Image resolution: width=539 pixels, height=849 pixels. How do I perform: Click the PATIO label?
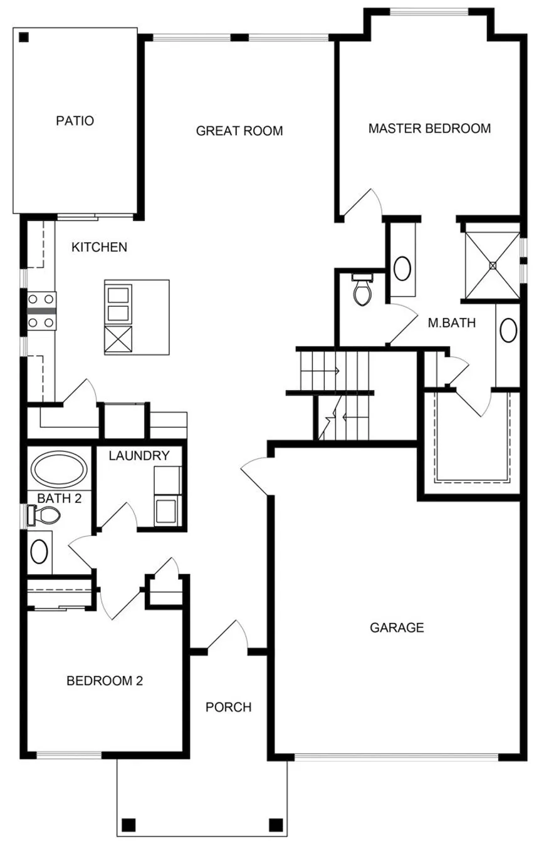(x=75, y=121)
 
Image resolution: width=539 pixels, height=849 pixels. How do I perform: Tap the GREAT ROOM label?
(x=239, y=131)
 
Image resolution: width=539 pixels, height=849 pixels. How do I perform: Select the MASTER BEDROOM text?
(x=429, y=128)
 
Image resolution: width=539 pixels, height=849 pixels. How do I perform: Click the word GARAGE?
(x=397, y=627)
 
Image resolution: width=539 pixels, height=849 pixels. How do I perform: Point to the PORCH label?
(x=228, y=707)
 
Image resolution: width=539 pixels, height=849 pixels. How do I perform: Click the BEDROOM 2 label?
(x=105, y=681)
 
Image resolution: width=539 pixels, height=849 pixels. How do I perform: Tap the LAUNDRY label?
(x=139, y=456)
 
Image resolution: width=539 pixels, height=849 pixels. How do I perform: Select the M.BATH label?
(x=452, y=323)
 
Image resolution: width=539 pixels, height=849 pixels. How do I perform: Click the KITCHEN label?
(x=100, y=247)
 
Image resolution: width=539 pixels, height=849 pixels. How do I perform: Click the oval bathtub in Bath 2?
(x=59, y=469)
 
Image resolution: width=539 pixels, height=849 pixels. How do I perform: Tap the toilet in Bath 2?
(x=44, y=515)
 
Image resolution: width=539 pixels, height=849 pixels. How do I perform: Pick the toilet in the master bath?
(x=362, y=290)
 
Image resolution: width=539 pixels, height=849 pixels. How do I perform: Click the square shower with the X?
(x=493, y=265)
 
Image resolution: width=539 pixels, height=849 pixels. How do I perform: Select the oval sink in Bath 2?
(x=39, y=551)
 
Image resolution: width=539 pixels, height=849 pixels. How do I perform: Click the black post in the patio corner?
(x=24, y=37)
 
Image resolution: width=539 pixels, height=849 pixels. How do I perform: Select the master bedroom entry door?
(x=363, y=205)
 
